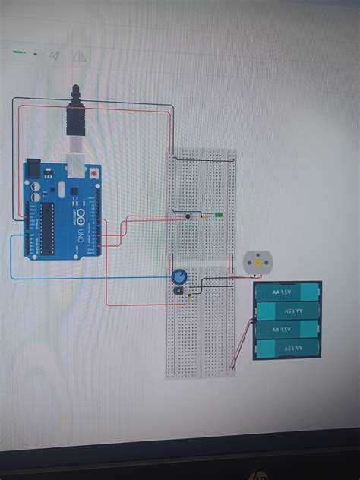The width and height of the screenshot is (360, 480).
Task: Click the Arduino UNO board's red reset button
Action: pos(93,171)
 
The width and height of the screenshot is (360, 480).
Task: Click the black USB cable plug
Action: pos(74,115)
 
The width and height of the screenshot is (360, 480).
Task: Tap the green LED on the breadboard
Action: pos(218,216)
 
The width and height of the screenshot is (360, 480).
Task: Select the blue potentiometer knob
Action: pos(179,277)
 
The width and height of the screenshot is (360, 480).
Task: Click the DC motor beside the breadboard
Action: pos(257,264)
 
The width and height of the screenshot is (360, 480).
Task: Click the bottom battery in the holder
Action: pos(286,349)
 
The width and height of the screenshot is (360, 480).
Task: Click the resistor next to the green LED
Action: pos(204,216)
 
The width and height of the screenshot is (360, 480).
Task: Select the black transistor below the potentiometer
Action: pos(178,290)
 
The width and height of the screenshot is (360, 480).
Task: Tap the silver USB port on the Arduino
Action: pos(77,165)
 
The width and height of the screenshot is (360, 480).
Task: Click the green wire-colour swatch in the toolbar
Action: pos(21,54)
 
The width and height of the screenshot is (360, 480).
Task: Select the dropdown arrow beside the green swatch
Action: pos(35,54)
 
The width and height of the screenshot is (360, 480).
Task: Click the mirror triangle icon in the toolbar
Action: pos(77,56)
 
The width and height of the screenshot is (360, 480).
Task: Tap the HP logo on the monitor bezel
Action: pos(259,475)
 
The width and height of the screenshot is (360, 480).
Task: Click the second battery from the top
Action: pos(286,311)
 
